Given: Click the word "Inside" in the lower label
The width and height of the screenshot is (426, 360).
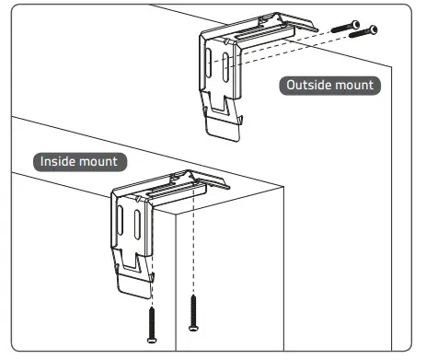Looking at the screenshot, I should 57,162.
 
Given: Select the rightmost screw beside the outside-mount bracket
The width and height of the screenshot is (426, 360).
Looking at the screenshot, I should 365,30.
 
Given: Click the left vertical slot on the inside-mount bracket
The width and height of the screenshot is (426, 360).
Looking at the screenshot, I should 124,226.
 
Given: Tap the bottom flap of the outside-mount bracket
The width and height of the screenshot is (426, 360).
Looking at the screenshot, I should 226,124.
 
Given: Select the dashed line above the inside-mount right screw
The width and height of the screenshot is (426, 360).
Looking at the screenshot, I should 193,258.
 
